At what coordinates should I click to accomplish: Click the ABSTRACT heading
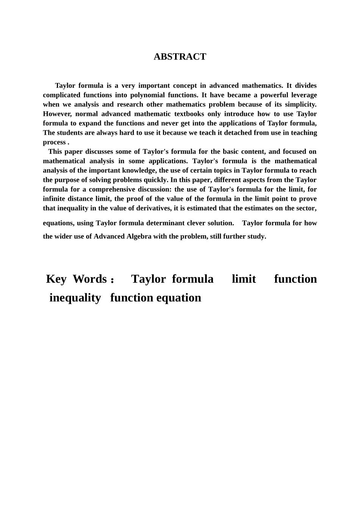click(x=180, y=57)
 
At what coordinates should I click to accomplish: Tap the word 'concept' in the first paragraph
click(x=183, y=86)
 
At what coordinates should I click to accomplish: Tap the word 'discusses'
click(x=100, y=151)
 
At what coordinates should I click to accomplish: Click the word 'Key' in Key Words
click(x=56, y=279)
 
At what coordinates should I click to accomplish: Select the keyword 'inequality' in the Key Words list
click(x=75, y=298)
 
